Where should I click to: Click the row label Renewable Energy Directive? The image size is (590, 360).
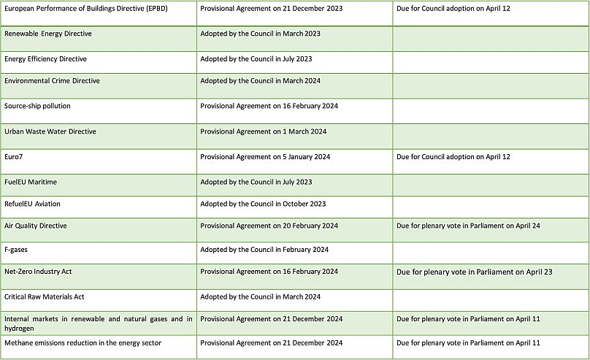(x=48, y=34)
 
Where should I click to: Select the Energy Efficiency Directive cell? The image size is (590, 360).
(x=46, y=58)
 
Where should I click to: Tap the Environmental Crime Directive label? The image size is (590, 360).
(x=52, y=81)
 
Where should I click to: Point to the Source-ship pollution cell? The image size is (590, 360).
(x=37, y=106)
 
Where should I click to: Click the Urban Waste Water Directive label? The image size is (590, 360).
(x=50, y=131)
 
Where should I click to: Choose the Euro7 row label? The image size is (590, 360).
(x=15, y=156)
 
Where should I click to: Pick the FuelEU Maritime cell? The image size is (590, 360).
(x=31, y=182)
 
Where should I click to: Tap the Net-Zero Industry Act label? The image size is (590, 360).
(x=38, y=272)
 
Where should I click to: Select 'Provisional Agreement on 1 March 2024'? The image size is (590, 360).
(x=263, y=131)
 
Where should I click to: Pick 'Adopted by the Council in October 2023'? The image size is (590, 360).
(x=263, y=204)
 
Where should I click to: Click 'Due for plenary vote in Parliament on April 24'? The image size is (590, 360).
(x=468, y=226)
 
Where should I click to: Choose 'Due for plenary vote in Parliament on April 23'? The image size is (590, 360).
(x=474, y=272)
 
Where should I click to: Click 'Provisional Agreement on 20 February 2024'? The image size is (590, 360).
(x=269, y=226)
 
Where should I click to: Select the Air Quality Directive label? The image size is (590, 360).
(x=36, y=226)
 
